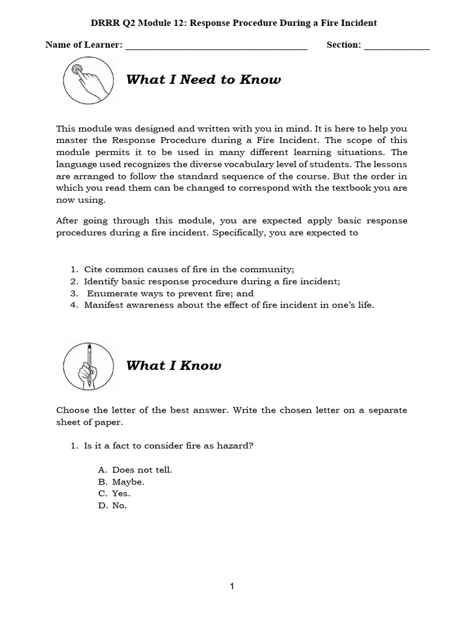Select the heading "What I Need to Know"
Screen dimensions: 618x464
click(x=204, y=80)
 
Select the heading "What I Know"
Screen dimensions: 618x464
click(x=173, y=366)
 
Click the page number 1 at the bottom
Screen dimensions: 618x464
click(x=232, y=585)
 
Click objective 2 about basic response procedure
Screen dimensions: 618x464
click(x=211, y=281)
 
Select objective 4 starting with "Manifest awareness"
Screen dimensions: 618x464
click(x=228, y=305)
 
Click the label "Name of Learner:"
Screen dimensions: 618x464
click(x=84, y=45)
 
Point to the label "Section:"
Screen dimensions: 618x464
click(x=343, y=45)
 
